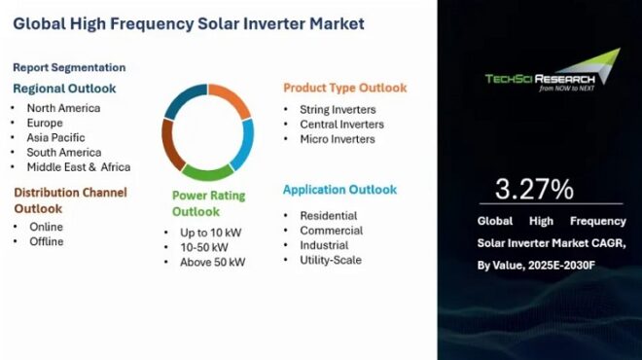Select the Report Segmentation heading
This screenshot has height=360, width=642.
pos(69,67)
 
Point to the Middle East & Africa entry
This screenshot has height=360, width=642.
pos(79,166)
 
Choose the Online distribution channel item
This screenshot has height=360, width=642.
pos(46,227)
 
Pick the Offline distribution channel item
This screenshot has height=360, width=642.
pos(47,241)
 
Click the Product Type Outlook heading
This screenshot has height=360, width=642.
pos(344,88)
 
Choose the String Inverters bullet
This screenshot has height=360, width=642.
pos(339,110)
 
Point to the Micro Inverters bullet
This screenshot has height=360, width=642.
pos(338,139)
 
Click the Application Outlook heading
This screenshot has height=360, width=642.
pos(339,190)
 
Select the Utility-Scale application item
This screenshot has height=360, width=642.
pos(331,261)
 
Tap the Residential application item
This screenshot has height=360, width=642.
pos(330,215)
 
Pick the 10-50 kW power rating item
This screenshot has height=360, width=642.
pos(203,247)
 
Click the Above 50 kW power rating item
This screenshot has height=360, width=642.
pos(212,262)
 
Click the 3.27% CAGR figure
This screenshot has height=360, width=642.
pos(534,188)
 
